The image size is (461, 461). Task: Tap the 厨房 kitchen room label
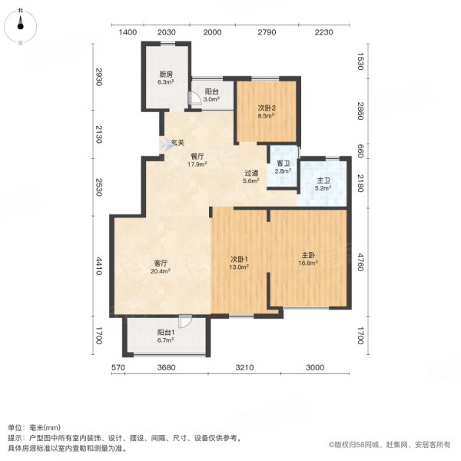(x=166, y=78)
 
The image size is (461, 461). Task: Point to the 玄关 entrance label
(x=177, y=143)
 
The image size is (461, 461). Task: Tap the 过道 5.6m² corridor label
(x=251, y=177)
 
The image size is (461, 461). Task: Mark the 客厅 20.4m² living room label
(x=161, y=266)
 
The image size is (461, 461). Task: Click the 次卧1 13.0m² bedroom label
(x=239, y=262)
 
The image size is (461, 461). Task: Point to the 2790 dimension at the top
(x=267, y=32)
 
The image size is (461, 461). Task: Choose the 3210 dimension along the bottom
(x=244, y=368)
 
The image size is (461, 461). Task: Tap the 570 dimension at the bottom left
(x=118, y=368)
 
